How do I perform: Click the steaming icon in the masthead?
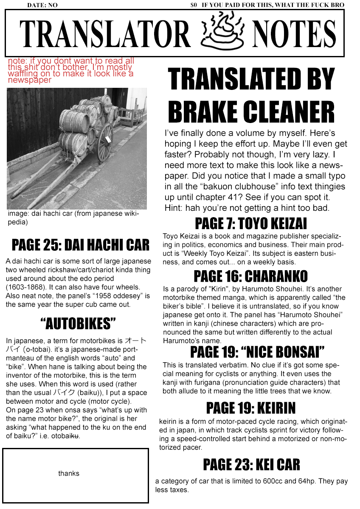222,32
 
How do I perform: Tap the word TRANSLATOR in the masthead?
105,34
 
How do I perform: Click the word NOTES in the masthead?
294,34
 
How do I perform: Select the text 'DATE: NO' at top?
42,6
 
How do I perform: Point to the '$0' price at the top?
194,6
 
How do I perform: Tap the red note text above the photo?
70,70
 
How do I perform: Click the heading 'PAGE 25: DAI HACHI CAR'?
81,245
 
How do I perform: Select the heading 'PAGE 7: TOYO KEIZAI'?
250,223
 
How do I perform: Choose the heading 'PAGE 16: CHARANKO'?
250,277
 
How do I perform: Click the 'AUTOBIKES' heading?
78,324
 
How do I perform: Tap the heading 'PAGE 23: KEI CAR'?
251,465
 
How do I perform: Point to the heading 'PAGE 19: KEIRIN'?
250,408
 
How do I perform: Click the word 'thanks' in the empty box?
69,473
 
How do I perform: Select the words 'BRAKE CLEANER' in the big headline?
251,112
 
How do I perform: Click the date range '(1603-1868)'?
25,288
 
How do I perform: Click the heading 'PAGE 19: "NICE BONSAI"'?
257,352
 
